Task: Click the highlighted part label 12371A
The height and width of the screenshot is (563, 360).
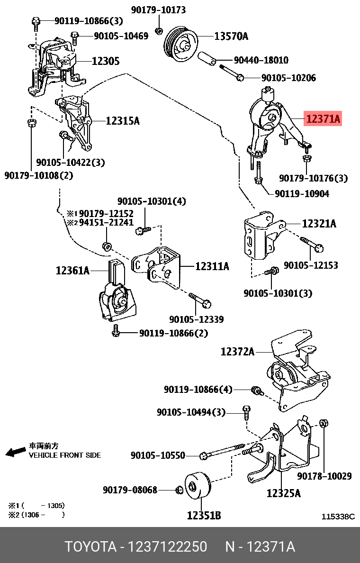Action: pos(324,118)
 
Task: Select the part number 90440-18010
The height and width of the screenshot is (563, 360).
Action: pos(261,61)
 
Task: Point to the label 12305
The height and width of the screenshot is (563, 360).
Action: pos(105,61)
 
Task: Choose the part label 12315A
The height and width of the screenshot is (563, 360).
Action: pos(123,121)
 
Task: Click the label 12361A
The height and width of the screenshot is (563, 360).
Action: pos(72,271)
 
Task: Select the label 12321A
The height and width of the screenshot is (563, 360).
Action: pos(319,223)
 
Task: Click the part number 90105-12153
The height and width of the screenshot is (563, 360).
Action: pos(311,265)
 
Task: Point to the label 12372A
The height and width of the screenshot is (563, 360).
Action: pos(237,352)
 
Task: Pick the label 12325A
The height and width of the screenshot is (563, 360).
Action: pos(283,493)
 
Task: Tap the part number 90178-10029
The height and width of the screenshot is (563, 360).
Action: pos(324,476)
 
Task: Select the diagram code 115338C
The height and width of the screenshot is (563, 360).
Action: pos(338,517)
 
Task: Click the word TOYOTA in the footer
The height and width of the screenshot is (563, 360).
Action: pos(90,547)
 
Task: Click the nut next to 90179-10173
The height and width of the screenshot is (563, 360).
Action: pos(160,31)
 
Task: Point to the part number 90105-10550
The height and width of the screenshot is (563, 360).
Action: pos(164,455)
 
